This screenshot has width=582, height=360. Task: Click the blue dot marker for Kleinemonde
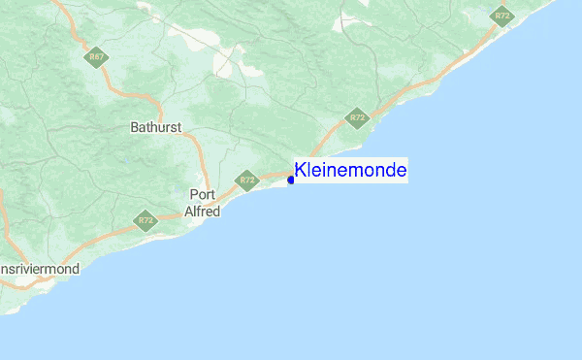tap(291, 179)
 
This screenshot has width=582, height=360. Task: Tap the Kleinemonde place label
tap(350, 171)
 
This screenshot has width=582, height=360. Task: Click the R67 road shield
tap(96, 57)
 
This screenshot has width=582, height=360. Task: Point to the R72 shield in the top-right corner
tap(501, 16)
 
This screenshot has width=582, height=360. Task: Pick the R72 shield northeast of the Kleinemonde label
tap(359, 117)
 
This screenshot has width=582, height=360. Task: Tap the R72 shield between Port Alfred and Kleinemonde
tap(246, 180)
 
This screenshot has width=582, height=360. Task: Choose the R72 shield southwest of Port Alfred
tap(146, 220)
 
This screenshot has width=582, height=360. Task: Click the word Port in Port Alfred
tap(202, 194)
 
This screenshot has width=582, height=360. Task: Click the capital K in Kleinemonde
tap(301, 171)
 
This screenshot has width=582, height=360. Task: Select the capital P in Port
tap(193, 194)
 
